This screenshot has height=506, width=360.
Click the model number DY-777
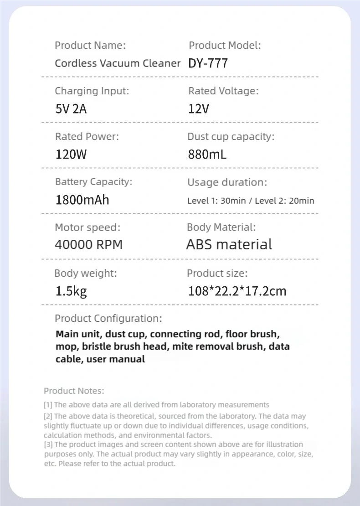pyautogui.click(x=208, y=63)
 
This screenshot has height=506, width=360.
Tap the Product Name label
pyautogui.click(x=90, y=45)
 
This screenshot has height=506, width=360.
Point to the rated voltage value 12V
pyautogui.click(x=199, y=109)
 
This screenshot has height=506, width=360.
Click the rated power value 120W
pyautogui.click(x=71, y=155)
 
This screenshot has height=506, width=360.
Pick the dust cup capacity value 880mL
pyautogui.click(x=207, y=155)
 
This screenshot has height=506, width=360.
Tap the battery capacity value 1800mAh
pyautogui.click(x=82, y=200)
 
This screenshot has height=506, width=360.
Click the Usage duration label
pyautogui.click(x=227, y=182)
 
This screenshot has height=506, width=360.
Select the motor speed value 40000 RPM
pyautogui.click(x=89, y=245)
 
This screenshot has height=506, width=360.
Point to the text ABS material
pyautogui.click(x=229, y=245)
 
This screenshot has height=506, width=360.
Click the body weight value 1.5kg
pyautogui.click(x=71, y=291)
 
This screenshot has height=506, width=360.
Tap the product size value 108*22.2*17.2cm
pyautogui.click(x=237, y=291)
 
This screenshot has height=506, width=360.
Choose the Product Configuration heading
pyautogui.click(x=108, y=319)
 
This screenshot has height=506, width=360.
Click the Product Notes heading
pyautogui.click(x=74, y=391)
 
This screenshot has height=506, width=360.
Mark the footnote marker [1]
pyautogui.click(x=48, y=405)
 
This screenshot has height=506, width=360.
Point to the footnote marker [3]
pyautogui.click(x=48, y=444)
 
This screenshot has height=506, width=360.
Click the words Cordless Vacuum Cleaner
pyautogui.click(x=118, y=63)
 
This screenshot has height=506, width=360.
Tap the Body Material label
pyautogui.click(x=221, y=227)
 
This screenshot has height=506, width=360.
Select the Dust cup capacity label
pyautogui.click(x=231, y=136)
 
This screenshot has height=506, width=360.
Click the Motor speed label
pyautogui.click(x=88, y=227)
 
